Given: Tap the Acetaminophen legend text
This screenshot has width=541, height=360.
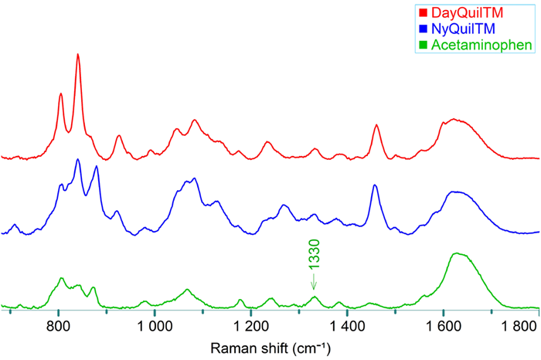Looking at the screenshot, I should click(477, 46).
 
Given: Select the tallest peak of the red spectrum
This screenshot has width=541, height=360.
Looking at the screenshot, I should click(77, 55).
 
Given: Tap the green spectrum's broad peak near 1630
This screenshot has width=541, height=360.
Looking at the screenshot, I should click(458, 253).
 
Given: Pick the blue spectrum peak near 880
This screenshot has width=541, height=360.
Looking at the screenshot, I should click(96, 166).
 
